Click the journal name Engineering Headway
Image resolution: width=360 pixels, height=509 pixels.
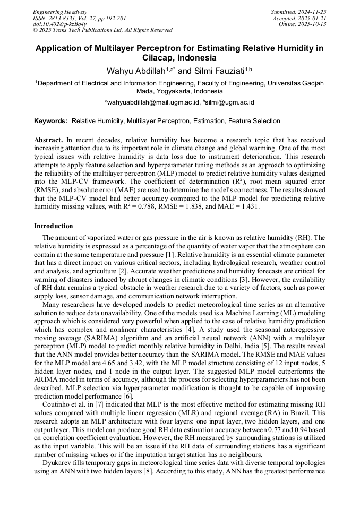pos(60,12)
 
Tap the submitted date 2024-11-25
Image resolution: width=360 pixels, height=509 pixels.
pos(312,12)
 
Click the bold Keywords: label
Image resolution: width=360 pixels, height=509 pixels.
pos(51,121)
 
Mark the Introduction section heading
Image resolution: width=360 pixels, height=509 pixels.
pos(54,226)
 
